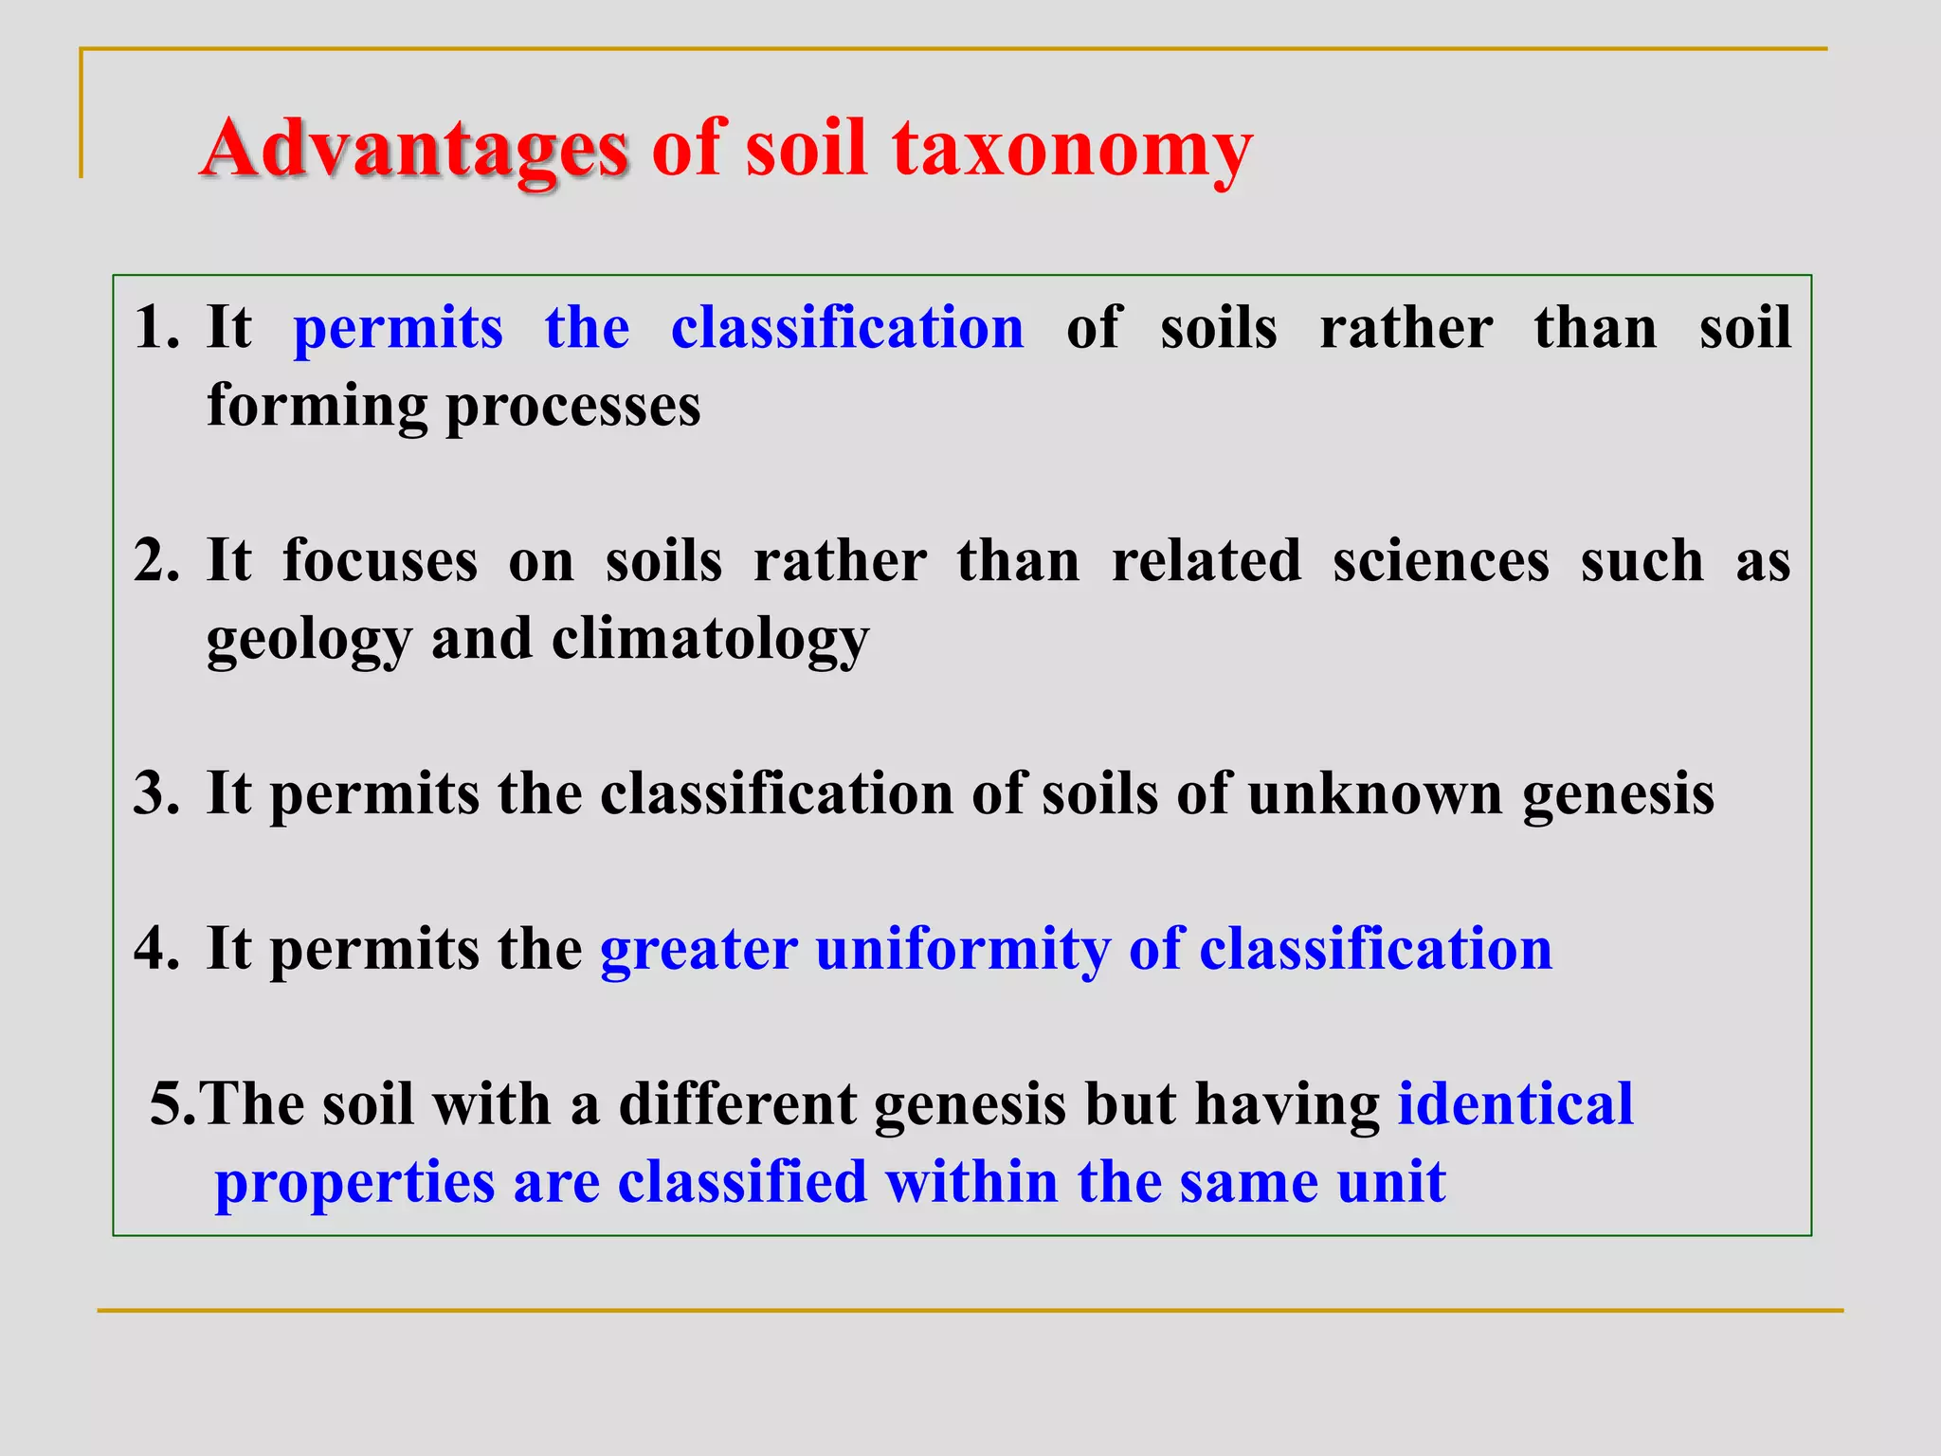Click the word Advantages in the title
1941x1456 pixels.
pyautogui.click(x=414, y=149)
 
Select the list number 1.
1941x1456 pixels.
pyautogui.click(x=155, y=328)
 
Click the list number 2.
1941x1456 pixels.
pyautogui.click(x=155, y=560)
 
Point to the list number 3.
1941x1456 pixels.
pyautogui.click(x=155, y=793)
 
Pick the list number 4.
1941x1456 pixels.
pyautogui.click(x=155, y=949)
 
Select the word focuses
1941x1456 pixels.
pyautogui.click(x=380, y=560)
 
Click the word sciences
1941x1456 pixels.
pyautogui.click(x=1441, y=560)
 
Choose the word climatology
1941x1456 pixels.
pyautogui.click(x=710, y=640)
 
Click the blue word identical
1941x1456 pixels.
pyautogui.click(x=1515, y=1104)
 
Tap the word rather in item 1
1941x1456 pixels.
pyautogui.click(x=1406, y=328)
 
